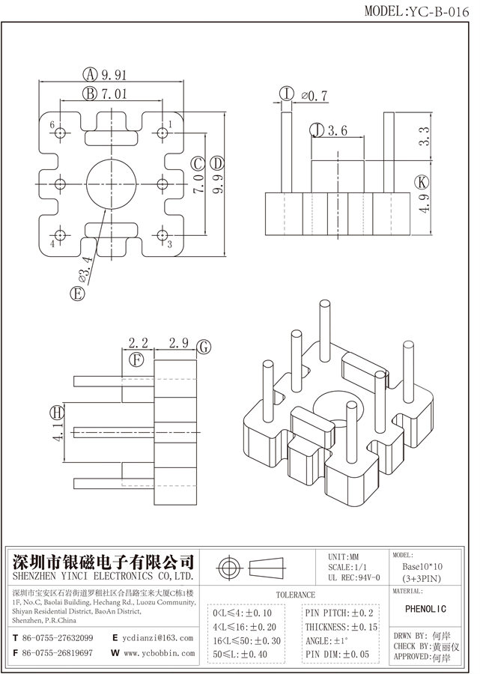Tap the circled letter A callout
click(x=90, y=74)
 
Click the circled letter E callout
click(x=76, y=294)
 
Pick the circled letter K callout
click(x=423, y=182)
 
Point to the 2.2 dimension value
click(x=138, y=344)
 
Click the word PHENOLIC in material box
click(x=430, y=609)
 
